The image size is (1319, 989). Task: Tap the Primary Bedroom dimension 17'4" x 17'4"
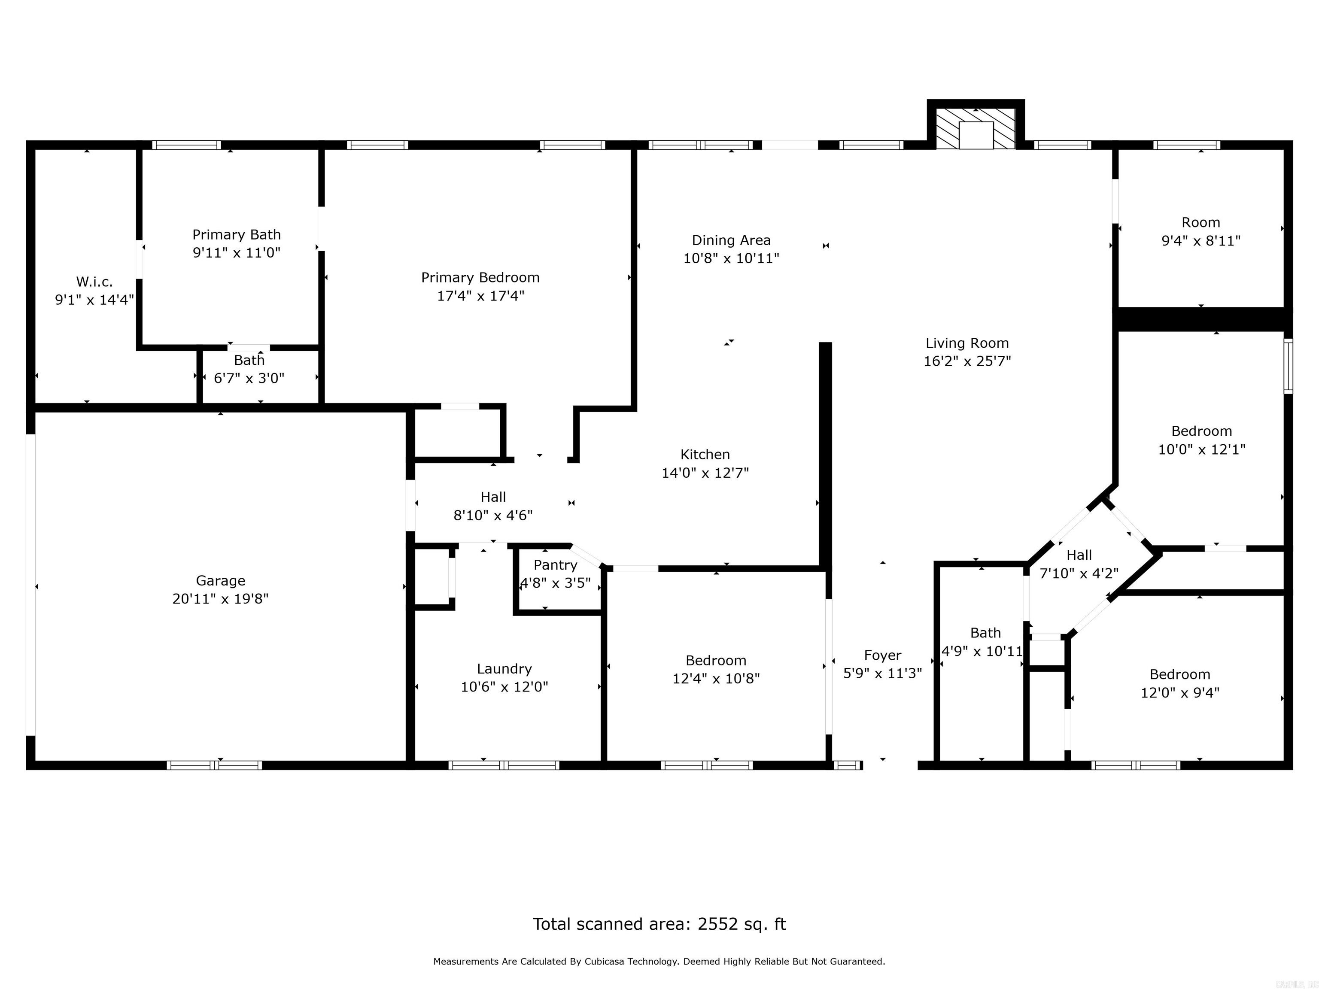(x=480, y=296)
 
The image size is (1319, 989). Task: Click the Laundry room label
(x=504, y=669)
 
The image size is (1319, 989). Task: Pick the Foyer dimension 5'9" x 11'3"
(x=882, y=673)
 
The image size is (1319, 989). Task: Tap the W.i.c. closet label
(x=94, y=282)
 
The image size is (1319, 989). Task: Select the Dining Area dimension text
(x=731, y=258)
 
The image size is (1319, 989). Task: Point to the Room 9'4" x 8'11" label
(x=1200, y=222)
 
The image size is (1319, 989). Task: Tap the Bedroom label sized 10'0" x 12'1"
(x=1201, y=431)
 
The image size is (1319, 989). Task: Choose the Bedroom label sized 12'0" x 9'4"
(x=1179, y=674)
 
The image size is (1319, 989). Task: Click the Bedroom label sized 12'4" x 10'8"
(x=716, y=661)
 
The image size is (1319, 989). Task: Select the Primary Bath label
(x=236, y=234)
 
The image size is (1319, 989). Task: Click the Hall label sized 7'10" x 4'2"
(x=1079, y=555)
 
